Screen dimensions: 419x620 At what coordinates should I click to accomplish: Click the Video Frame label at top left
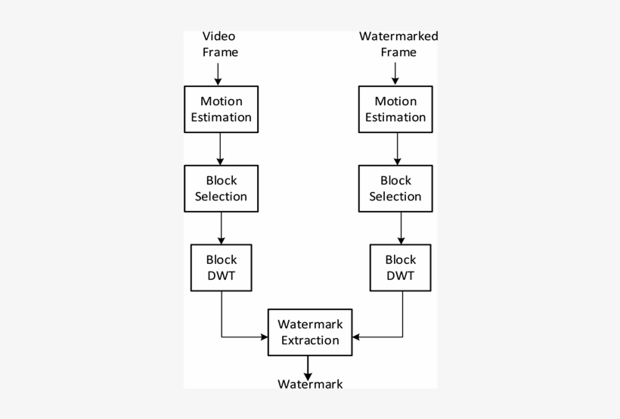coord(220,45)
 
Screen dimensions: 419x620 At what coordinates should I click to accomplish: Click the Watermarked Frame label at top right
coord(398,45)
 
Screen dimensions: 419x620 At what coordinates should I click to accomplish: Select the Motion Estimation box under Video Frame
coord(220,109)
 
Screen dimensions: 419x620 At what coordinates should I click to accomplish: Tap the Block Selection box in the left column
coord(221,188)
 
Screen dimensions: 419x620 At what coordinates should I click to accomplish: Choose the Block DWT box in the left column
coord(221,268)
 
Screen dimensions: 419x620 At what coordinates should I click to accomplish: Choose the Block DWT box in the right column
coord(400,268)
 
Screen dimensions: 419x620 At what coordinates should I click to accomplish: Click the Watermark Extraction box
coord(310,332)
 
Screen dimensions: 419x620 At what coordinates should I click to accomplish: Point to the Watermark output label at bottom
coord(310,384)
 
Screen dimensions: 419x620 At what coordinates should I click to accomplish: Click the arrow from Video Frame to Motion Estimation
coord(219,73)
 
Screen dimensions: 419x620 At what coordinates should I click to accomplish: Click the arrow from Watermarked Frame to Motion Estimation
coord(393,73)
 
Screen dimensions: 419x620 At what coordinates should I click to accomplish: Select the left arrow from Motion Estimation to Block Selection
coord(220,149)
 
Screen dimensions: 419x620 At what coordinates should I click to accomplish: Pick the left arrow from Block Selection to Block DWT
coord(221,228)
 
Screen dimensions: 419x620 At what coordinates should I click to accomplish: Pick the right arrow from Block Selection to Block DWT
coord(400,228)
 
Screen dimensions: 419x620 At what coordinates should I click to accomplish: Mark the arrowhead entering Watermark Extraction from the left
coord(264,337)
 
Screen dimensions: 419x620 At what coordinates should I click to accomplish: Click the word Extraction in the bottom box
coord(310,340)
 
